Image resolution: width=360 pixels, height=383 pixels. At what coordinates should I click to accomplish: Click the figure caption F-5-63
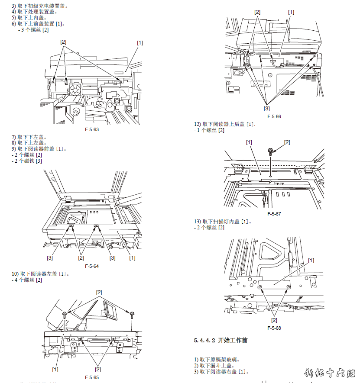click(x=92, y=129)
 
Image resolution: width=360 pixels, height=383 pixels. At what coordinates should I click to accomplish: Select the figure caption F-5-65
click(x=92, y=378)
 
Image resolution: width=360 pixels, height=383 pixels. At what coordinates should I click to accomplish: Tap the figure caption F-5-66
click(x=274, y=117)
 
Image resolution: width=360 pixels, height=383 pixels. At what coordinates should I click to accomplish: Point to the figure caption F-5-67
click(x=274, y=214)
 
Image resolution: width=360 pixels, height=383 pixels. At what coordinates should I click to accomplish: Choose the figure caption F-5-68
click(x=274, y=328)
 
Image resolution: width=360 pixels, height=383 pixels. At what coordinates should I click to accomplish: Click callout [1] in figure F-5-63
click(x=140, y=42)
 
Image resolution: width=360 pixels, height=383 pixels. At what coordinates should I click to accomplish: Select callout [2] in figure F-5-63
click(x=63, y=42)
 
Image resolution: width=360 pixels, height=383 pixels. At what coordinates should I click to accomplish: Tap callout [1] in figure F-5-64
click(x=132, y=258)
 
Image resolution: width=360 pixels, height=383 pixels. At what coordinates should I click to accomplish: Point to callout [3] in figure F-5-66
click(x=266, y=108)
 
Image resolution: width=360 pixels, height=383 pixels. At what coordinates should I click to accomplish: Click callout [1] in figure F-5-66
click(x=291, y=12)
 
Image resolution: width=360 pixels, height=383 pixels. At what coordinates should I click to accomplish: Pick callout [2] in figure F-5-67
click(x=287, y=142)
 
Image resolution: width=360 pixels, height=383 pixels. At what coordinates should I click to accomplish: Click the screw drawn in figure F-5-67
click(x=271, y=152)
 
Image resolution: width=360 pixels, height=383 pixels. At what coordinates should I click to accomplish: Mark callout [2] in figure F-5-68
click(x=274, y=320)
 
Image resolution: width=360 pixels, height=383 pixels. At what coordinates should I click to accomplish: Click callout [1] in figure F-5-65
click(x=55, y=369)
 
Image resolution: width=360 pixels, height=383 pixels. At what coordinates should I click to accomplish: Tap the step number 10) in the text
click(x=15, y=274)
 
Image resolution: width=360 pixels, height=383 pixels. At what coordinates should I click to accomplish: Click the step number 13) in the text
click(x=198, y=222)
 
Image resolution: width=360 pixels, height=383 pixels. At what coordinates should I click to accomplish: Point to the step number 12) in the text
click(x=198, y=125)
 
